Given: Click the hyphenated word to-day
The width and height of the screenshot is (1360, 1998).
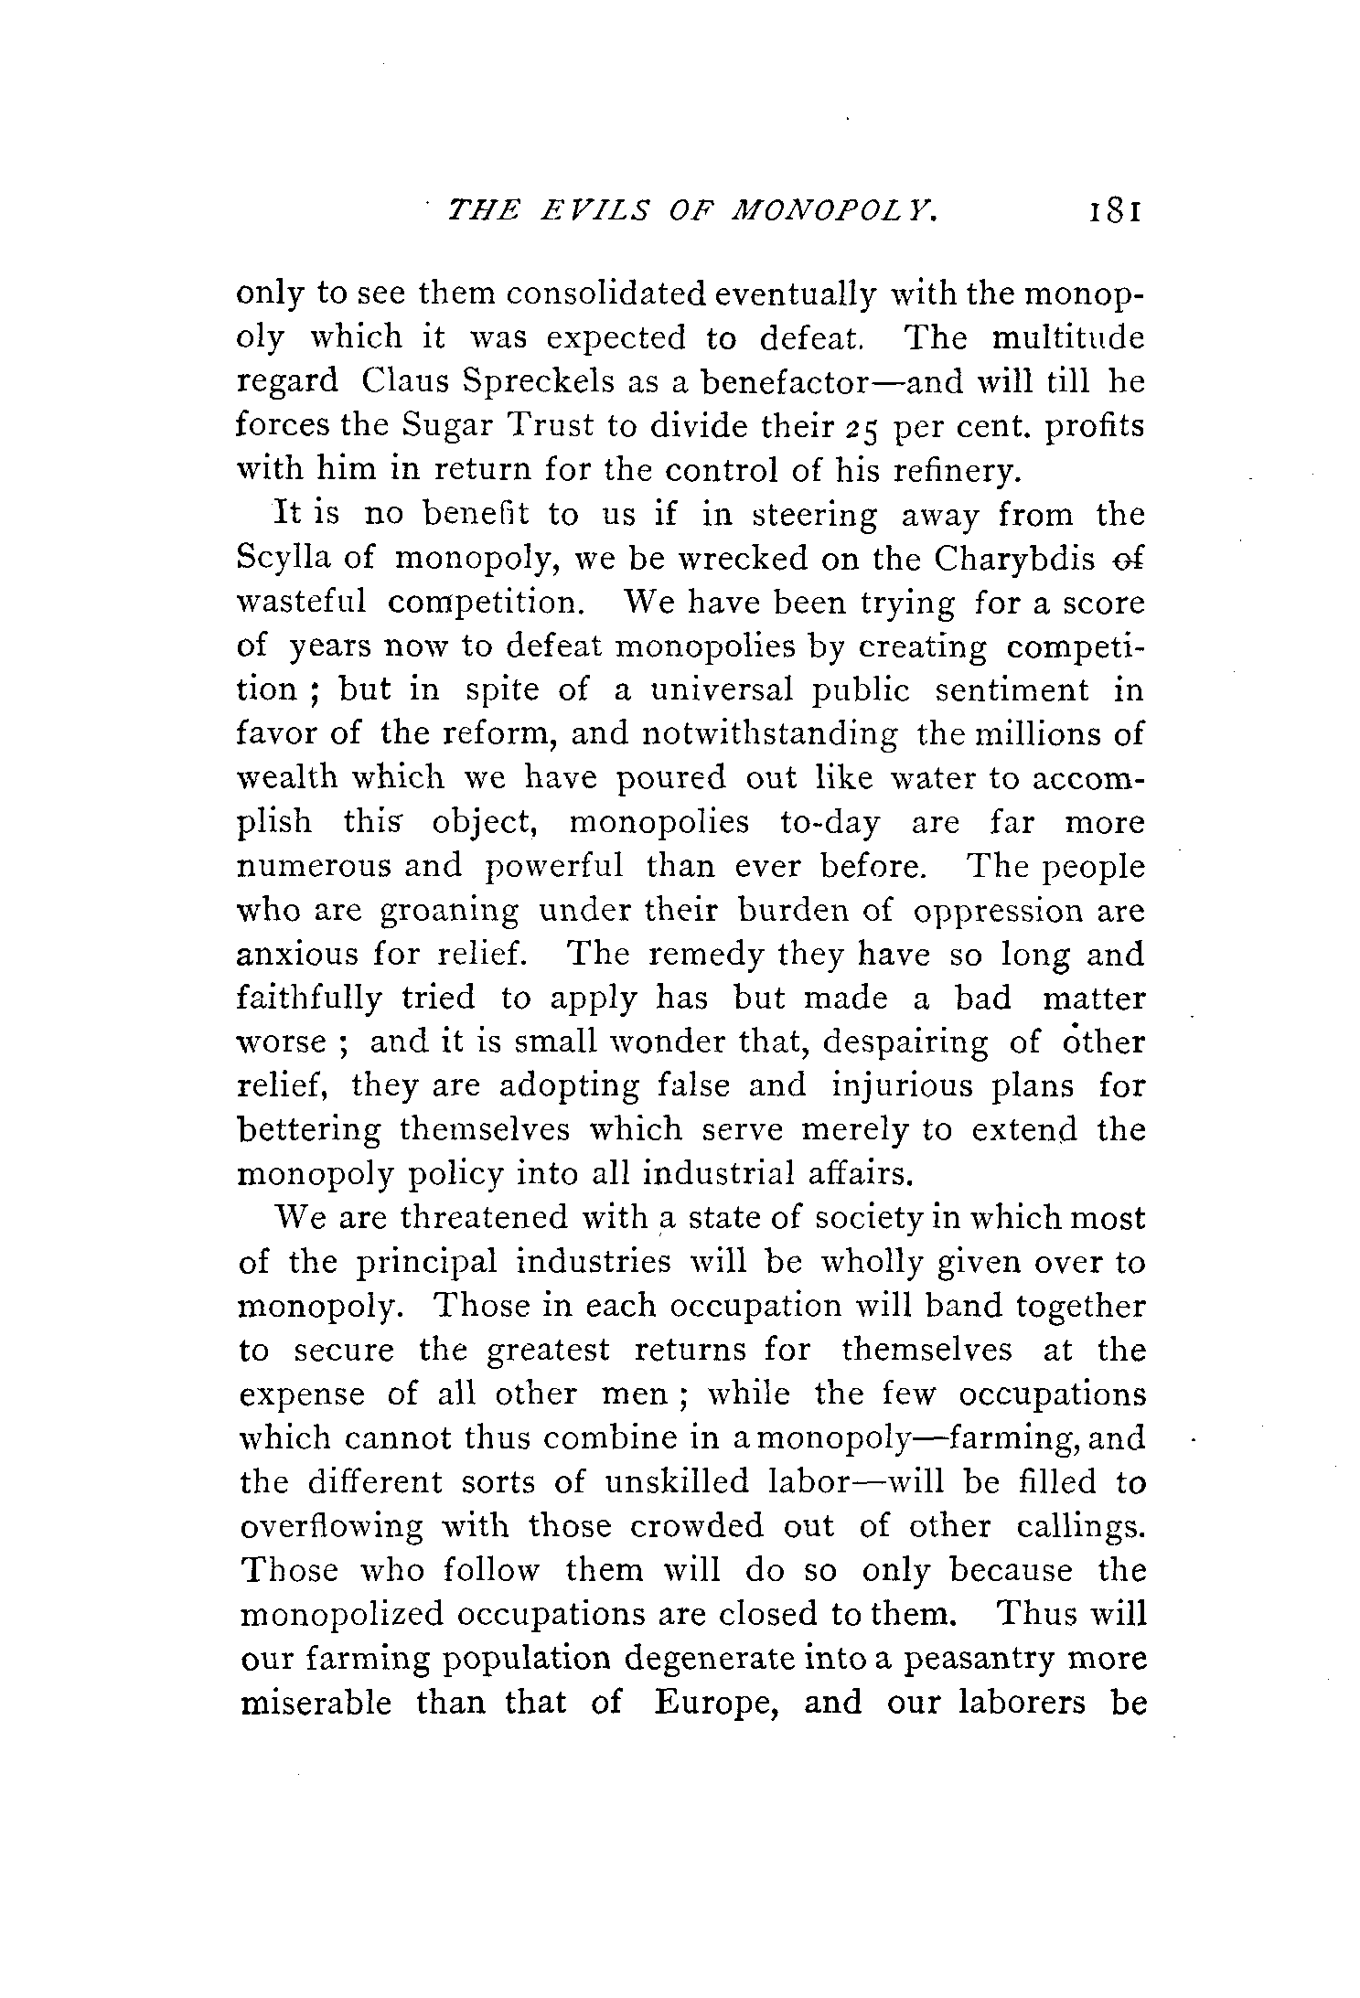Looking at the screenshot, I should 830,823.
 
